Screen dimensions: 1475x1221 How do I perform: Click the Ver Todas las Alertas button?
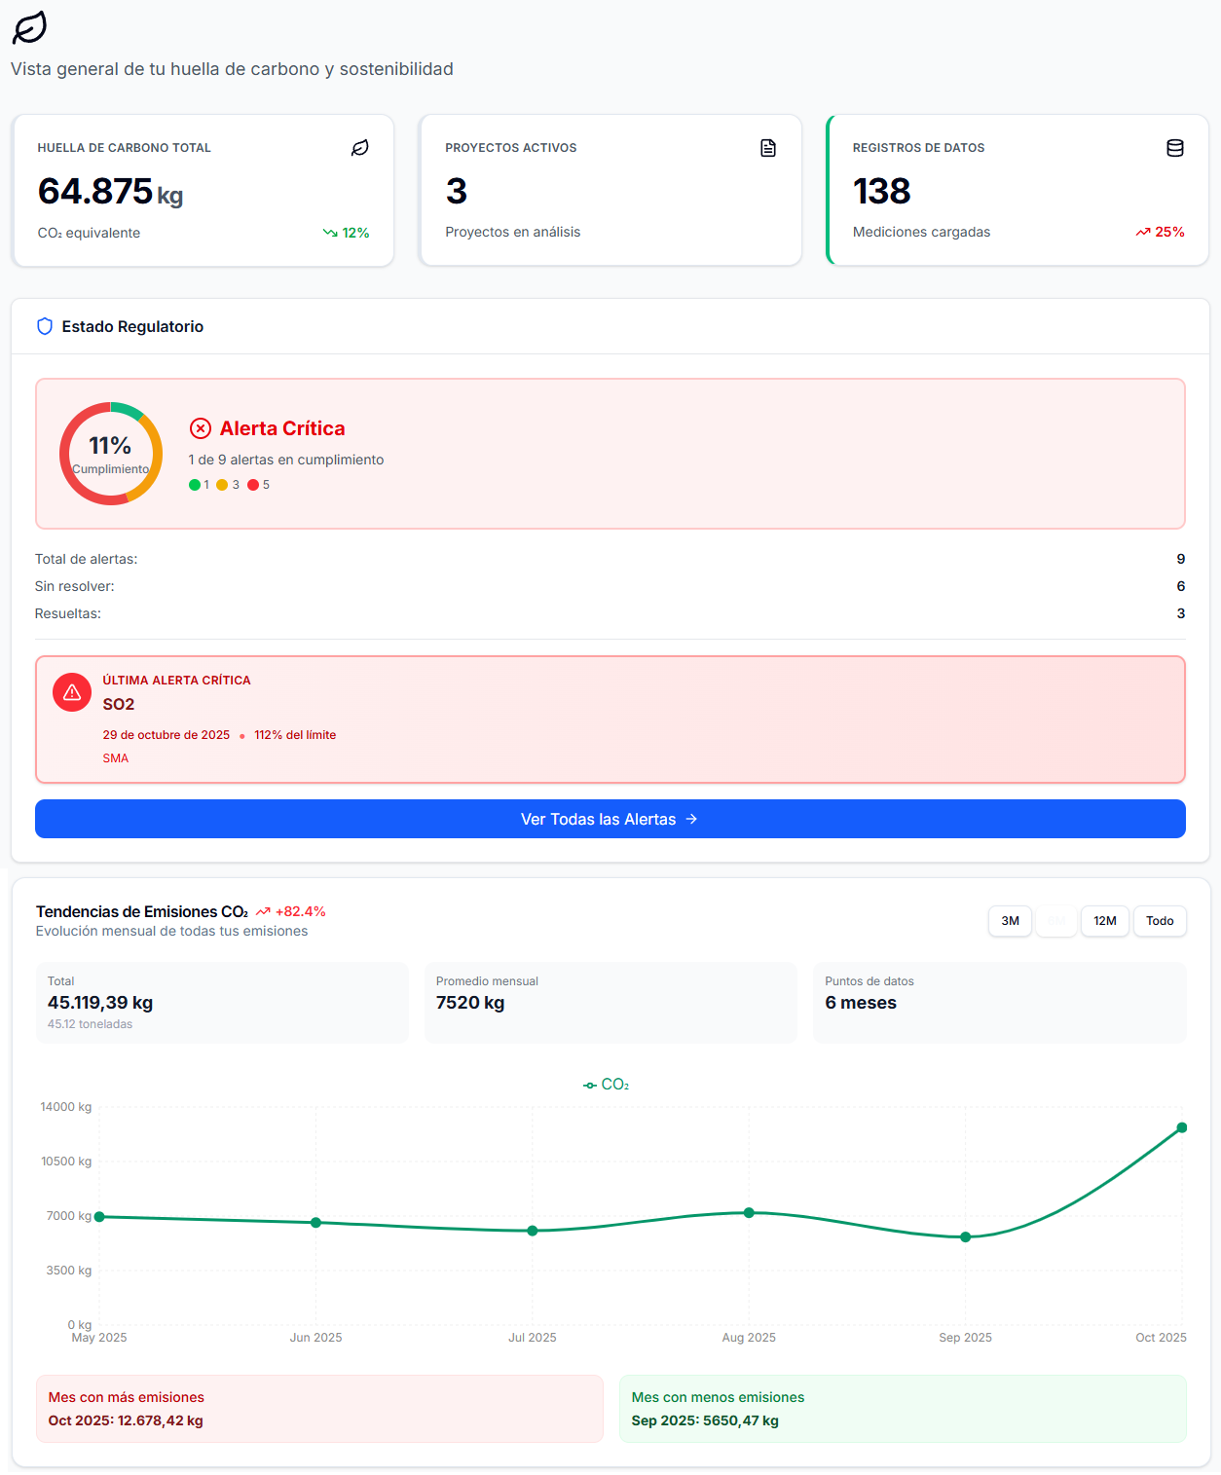610,819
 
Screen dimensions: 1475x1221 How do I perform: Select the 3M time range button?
1010,921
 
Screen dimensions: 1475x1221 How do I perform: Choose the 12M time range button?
1104,921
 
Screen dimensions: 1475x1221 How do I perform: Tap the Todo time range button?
1159,921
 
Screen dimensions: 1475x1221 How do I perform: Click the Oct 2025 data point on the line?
1181,1127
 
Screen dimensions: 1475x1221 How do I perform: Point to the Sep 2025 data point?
965,1237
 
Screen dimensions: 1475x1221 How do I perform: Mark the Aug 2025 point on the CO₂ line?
749,1213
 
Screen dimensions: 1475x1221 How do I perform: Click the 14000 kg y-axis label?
66,1107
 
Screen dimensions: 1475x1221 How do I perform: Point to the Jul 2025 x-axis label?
532,1338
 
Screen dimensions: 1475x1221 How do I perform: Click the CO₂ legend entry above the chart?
607,1085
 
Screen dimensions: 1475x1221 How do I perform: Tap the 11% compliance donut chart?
111,454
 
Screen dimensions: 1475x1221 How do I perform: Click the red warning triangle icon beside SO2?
72,692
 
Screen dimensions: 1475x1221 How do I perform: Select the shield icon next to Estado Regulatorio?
45,326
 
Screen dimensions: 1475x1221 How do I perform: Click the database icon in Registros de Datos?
1175,148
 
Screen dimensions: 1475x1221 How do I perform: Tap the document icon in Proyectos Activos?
768,148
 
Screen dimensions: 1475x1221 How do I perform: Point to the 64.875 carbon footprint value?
95,192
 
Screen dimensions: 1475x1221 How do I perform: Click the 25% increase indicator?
1161,232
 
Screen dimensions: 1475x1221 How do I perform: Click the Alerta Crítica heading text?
282,428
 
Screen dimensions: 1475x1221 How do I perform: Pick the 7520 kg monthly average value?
470,1003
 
